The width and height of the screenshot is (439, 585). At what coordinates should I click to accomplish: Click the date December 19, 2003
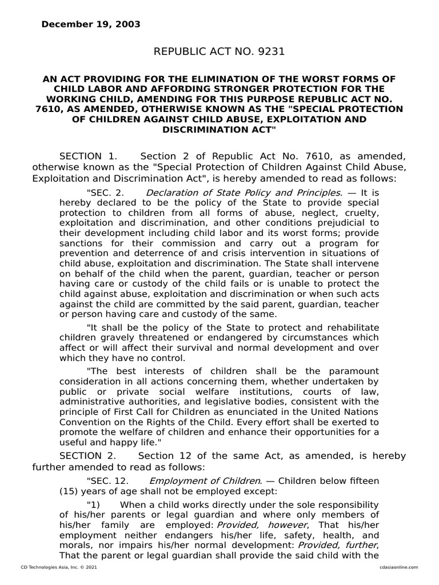coord(90,25)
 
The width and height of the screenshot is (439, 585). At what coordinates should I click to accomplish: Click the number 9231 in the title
coord(265,52)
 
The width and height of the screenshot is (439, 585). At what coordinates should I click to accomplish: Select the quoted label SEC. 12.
coord(107,481)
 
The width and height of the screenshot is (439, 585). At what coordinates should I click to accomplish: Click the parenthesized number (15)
coord(70,491)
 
